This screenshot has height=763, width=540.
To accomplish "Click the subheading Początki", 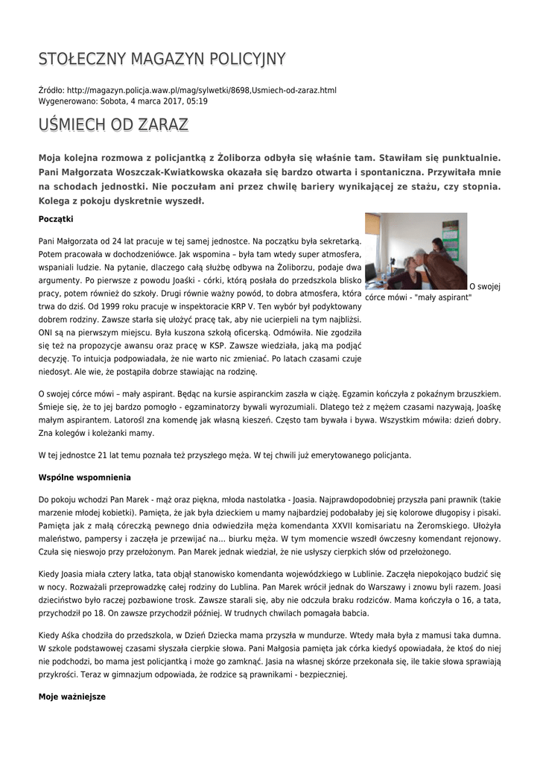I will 55,219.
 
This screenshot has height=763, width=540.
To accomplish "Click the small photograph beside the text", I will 416,251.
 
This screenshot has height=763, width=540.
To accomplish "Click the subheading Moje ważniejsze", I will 72,697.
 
